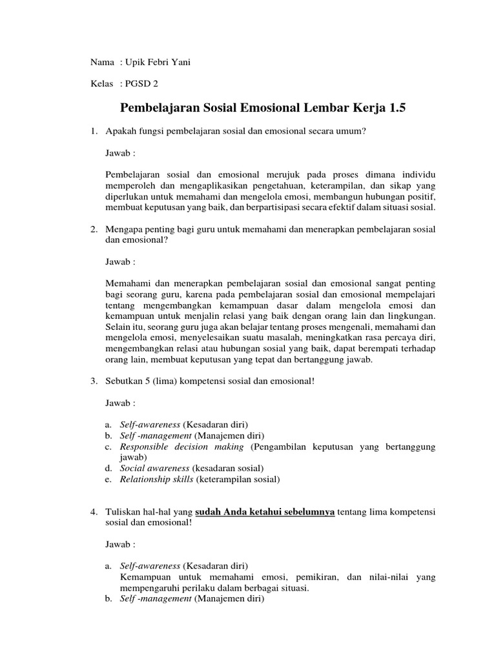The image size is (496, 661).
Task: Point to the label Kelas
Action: (102, 84)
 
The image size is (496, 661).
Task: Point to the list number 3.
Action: (93, 381)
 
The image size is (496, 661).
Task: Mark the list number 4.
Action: (93, 512)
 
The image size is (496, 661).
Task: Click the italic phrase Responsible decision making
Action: (181, 447)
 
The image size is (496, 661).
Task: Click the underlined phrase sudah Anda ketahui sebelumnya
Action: (265, 512)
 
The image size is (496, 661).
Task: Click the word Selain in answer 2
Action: (119, 327)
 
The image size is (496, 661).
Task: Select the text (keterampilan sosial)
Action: (240, 479)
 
